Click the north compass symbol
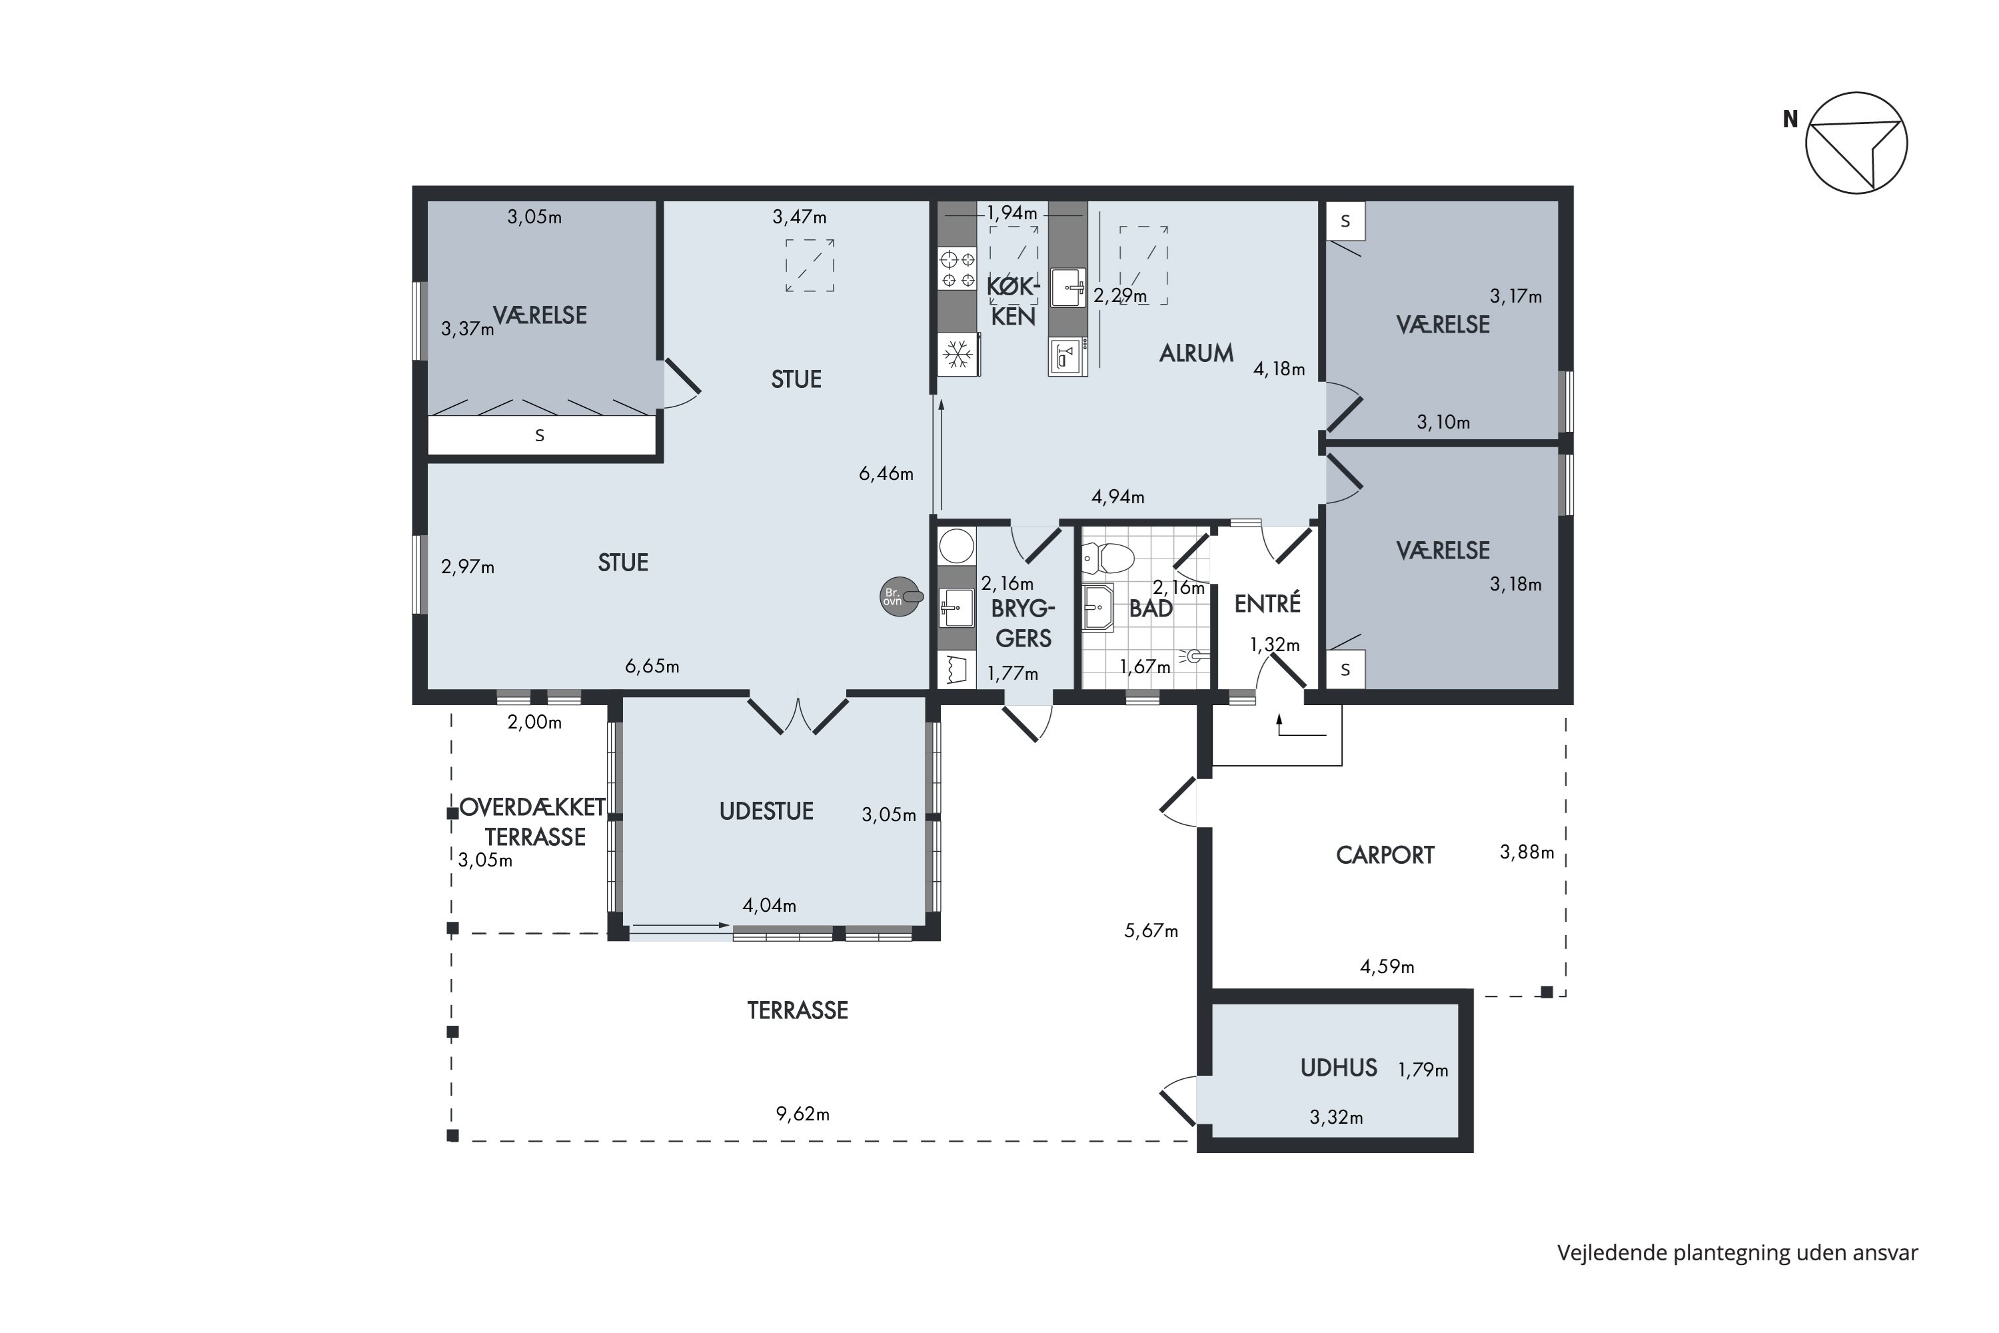tap(1856, 143)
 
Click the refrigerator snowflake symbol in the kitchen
tap(959, 354)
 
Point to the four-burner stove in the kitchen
tap(957, 268)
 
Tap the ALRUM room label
tap(1196, 353)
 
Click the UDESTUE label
tap(766, 811)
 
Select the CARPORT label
tap(1385, 855)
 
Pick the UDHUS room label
tap(1339, 1068)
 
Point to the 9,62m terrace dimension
tap(802, 1114)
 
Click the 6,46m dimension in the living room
tap(886, 473)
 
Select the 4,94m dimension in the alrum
tap(1117, 497)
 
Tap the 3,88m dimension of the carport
tap(1527, 852)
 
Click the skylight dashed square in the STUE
tap(809, 266)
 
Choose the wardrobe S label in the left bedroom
tap(539, 436)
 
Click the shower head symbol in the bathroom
tap(1193, 655)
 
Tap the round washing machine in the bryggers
tap(956, 547)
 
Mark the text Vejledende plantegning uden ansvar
tap(1737, 1253)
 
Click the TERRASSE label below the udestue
tap(797, 1010)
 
